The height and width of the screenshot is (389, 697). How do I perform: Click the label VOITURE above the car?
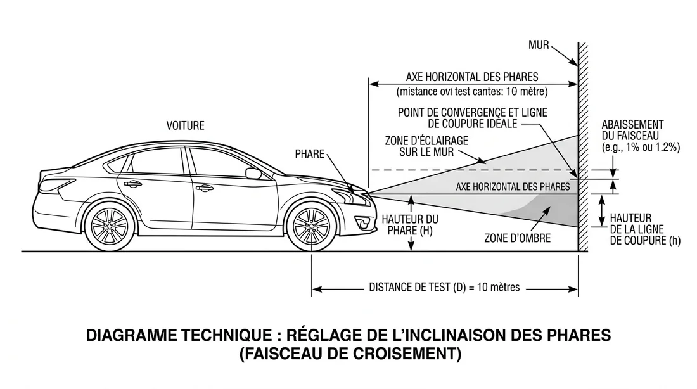[186, 125]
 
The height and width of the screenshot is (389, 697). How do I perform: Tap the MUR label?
[539, 46]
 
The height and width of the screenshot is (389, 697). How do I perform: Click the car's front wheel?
[311, 226]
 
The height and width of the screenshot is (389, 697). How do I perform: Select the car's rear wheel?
[110, 226]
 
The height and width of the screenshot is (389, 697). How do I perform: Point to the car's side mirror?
[253, 173]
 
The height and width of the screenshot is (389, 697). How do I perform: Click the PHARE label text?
[310, 154]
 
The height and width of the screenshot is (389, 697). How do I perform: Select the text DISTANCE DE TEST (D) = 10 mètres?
[444, 287]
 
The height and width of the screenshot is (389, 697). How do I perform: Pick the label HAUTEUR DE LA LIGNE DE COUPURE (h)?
[636, 229]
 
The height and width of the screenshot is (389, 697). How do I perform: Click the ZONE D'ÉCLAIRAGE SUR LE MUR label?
[426, 146]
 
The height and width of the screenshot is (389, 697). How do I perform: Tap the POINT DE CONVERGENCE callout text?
[472, 117]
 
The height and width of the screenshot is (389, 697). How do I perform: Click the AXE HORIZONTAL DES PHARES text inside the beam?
[513, 187]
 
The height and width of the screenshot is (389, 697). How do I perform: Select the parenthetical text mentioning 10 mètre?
[472, 91]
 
